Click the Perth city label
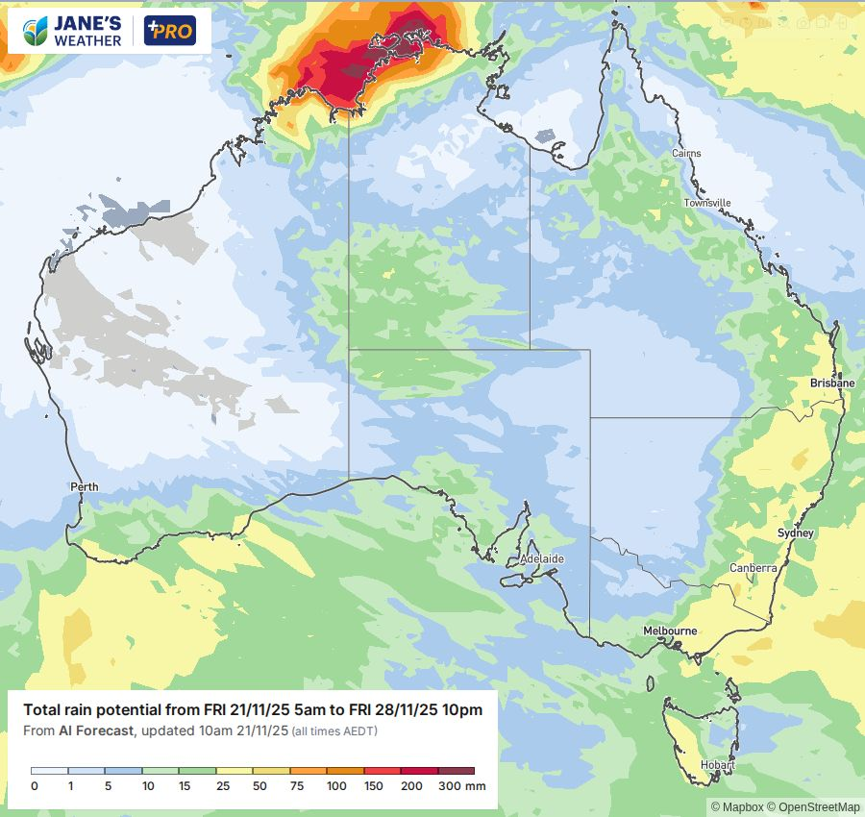pyautogui.click(x=85, y=487)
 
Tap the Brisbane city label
pyautogui.click(x=831, y=383)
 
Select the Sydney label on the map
pyautogui.click(x=796, y=533)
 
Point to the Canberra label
pyautogui.click(x=753, y=568)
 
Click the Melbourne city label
pyautogui.click(x=670, y=631)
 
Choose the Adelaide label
pyautogui.click(x=542, y=558)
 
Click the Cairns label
pyautogui.click(x=686, y=153)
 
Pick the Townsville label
pyautogui.click(x=707, y=203)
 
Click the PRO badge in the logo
pyautogui.click(x=169, y=32)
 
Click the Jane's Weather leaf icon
pyautogui.click(x=35, y=31)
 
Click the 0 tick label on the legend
pyautogui.click(x=34, y=786)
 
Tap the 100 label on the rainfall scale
pyautogui.click(x=336, y=786)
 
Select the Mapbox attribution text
pyautogui.click(x=733, y=806)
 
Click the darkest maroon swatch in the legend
pyautogui.click(x=457, y=771)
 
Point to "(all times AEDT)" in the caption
pyautogui.click(x=334, y=731)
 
